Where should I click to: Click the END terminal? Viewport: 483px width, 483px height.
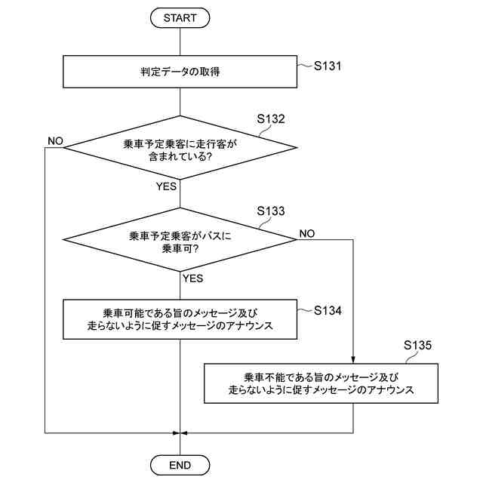(x=180, y=464)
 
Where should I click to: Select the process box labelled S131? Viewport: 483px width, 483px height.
(x=180, y=72)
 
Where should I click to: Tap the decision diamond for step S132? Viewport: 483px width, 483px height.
(x=180, y=148)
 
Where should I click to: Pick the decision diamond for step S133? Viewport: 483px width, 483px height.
(x=180, y=240)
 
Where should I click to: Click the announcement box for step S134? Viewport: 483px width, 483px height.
(x=180, y=319)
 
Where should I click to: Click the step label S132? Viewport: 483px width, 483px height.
(x=271, y=118)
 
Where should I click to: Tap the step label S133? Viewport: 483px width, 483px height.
(x=271, y=211)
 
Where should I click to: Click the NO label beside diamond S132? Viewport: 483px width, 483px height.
(x=55, y=141)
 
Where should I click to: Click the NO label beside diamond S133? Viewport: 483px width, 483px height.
(x=307, y=233)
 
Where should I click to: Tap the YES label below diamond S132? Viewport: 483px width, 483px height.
(x=167, y=186)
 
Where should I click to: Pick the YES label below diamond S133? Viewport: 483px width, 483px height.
(x=192, y=278)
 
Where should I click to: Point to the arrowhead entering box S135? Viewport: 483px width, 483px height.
(x=353, y=361)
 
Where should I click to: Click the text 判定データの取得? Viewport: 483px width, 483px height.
(x=180, y=72)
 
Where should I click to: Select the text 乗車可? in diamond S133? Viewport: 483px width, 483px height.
(x=180, y=248)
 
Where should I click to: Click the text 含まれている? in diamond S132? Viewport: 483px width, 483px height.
(x=180, y=156)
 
